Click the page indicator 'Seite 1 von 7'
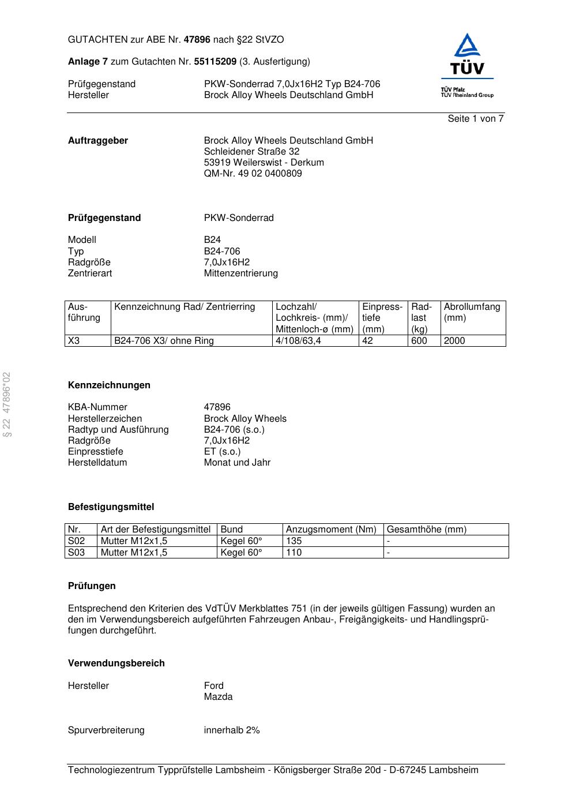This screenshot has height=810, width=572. [x=475, y=119]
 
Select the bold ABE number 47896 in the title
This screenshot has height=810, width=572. [x=197, y=40]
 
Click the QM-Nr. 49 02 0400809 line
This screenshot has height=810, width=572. [x=253, y=174]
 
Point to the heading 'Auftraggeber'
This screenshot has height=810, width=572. [x=98, y=141]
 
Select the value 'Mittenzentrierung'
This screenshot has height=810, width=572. [x=240, y=273]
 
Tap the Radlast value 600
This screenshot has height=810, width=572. [x=419, y=341]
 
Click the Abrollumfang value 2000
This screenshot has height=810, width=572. [x=454, y=341]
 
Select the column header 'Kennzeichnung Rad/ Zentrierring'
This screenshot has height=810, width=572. [x=185, y=307]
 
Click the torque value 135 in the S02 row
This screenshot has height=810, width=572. [x=294, y=541]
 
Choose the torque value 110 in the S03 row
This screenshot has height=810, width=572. [x=294, y=553]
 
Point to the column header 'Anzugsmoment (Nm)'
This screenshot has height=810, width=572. [x=331, y=530]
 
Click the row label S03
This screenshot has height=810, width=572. [x=76, y=553]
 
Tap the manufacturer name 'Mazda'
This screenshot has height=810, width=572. [x=218, y=697]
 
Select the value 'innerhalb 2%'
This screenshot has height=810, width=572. [x=232, y=730]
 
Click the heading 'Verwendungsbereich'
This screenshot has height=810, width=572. [x=116, y=663]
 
